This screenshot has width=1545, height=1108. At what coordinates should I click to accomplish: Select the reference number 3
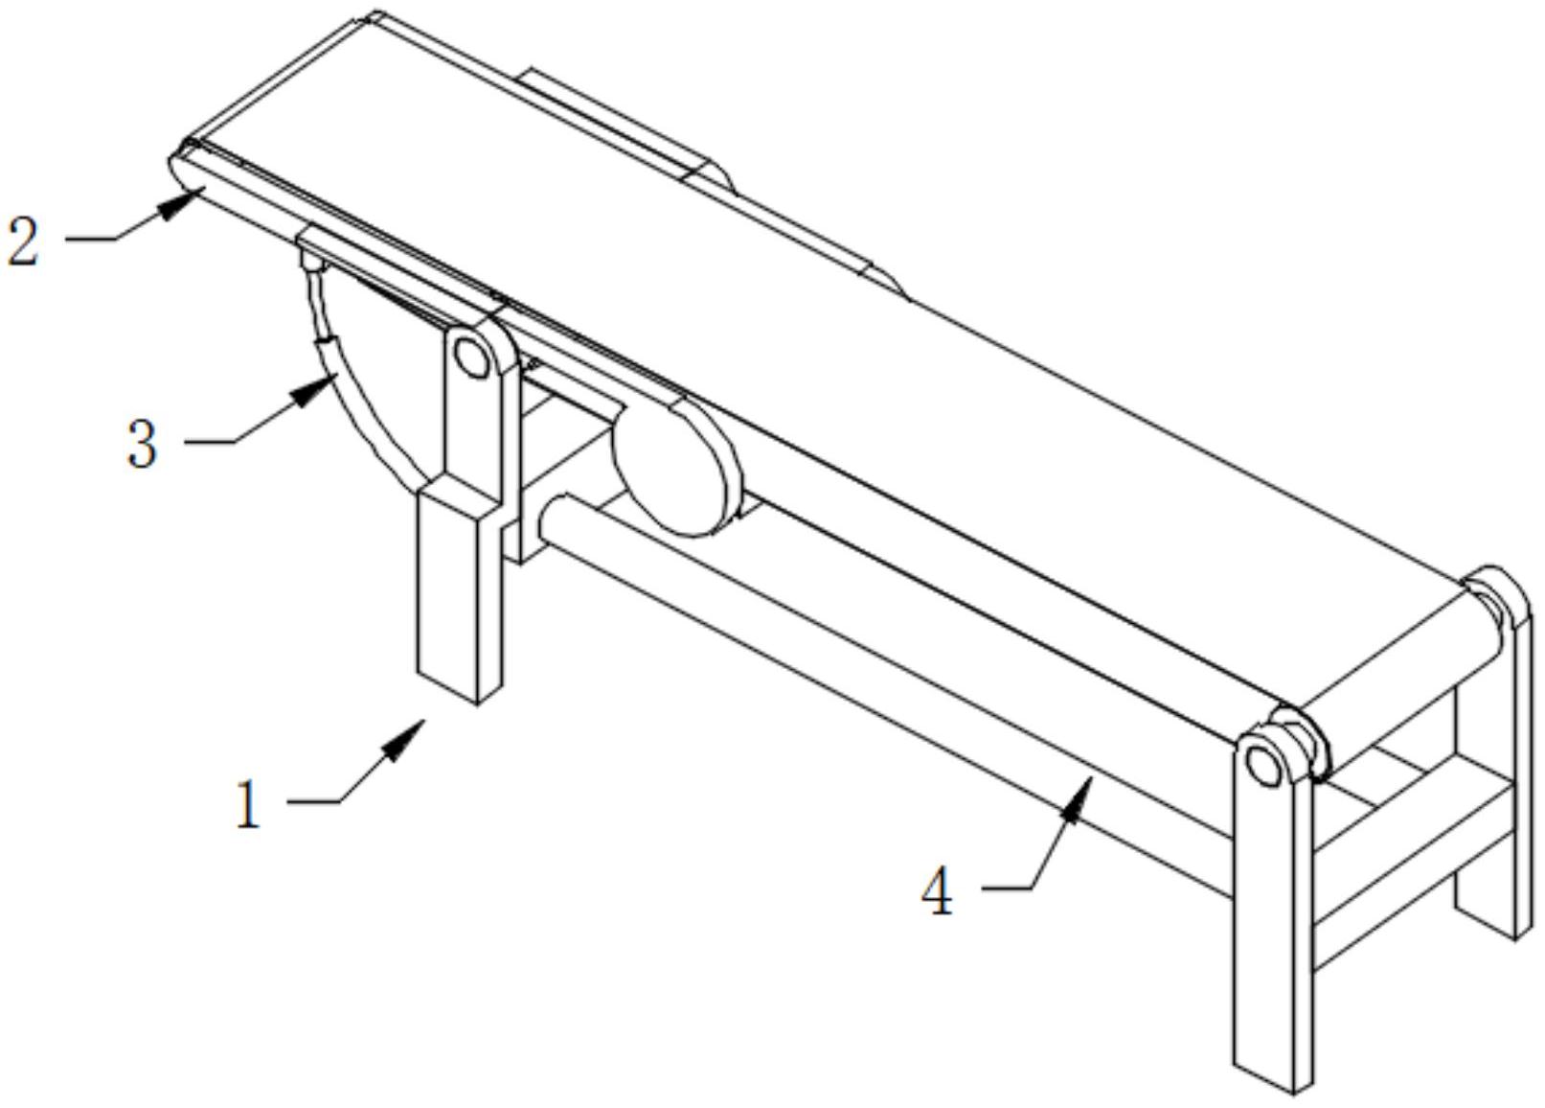[x=142, y=445]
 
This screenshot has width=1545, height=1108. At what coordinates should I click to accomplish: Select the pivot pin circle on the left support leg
[x=470, y=357]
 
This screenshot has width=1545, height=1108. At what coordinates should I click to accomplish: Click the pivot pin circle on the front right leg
[x=1261, y=765]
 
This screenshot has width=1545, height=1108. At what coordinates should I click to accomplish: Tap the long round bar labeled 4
[x=862, y=671]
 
